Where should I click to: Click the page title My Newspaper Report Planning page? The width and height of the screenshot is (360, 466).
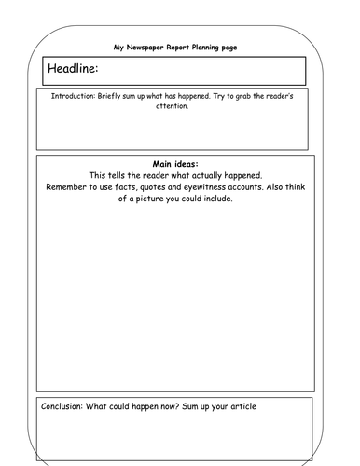181,44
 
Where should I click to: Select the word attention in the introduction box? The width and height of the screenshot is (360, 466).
181,106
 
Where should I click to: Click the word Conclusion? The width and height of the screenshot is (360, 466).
64,406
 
